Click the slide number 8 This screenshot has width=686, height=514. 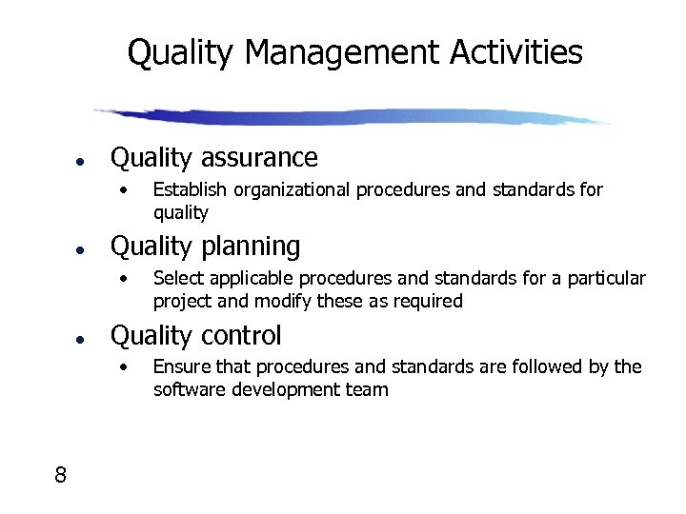click(60, 475)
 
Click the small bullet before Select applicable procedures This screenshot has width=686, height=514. click(122, 279)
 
